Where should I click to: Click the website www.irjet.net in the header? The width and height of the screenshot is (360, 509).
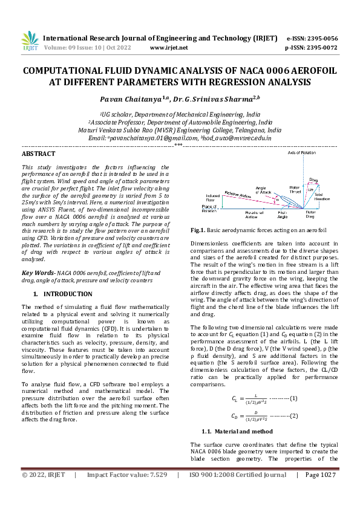tap(168, 47)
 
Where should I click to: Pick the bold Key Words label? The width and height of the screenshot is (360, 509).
tap(37, 273)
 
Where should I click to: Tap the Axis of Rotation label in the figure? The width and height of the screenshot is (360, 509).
tap(300, 154)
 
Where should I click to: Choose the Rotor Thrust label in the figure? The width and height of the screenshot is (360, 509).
tap(295, 190)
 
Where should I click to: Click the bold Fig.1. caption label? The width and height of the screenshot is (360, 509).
tap(200, 230)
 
